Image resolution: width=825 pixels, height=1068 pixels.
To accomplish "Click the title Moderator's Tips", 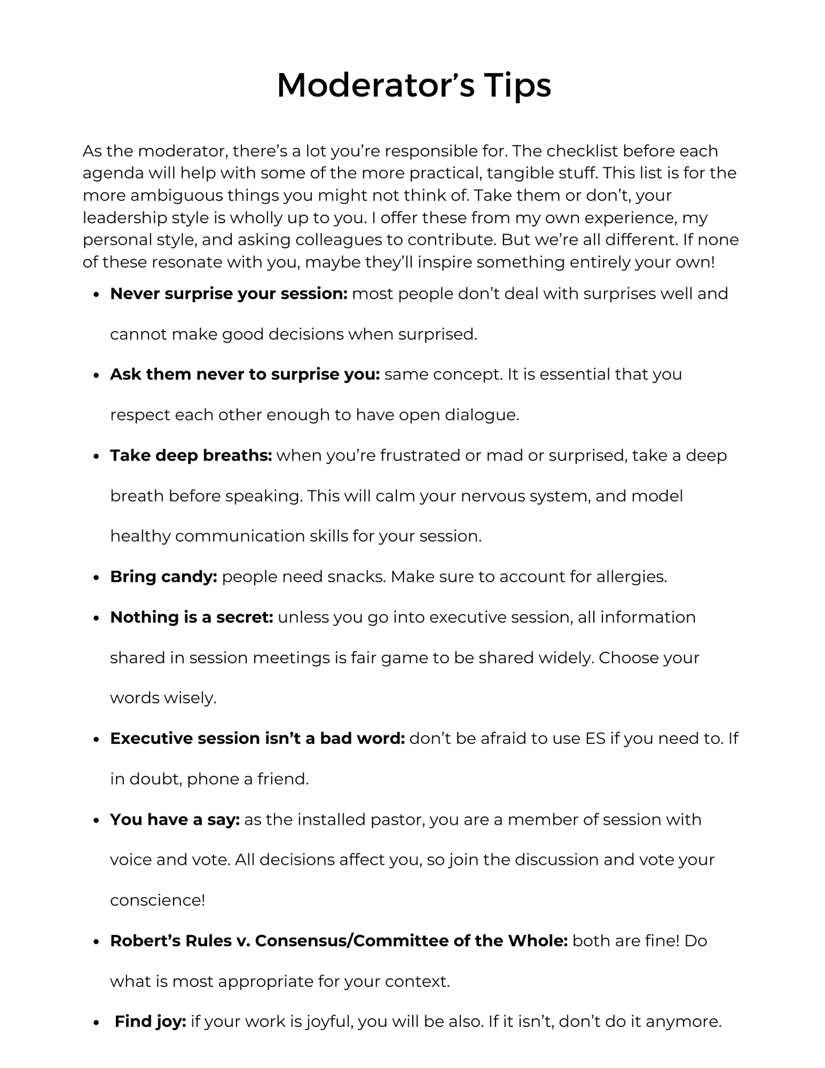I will pyautogui.click(x=413, y=86).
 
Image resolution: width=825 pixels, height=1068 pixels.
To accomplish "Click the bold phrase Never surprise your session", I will pyautogui.click(x=228, y=293).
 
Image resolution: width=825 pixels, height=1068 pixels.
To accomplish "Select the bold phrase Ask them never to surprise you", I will pyautogui.click(x=245, y=374).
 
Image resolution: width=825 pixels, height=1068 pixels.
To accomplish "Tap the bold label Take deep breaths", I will pyautogui.click(x=191, y=456).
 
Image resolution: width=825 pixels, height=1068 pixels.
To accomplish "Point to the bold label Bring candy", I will pyautogui.click(x=163, y=577).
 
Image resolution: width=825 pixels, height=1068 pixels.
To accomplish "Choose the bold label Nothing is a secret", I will pyautogui.click(x=192, y=617).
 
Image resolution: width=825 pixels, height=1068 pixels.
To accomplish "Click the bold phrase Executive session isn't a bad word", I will pyautogui.click(x=257, y=739).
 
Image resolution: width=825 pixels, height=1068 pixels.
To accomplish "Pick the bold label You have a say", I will pyautogui.click(x=175, y=820).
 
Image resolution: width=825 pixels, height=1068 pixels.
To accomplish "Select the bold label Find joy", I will pyautogui.click(x=150, y=1021).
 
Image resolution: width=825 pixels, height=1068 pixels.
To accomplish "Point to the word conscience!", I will pyautogui.click(x=157, y=900).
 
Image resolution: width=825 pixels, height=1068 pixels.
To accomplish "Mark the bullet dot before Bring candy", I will pyautogui.click(x=96, y=577).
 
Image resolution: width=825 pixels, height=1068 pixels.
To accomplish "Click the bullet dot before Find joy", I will pyautogui.click(x=96, y=1022).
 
